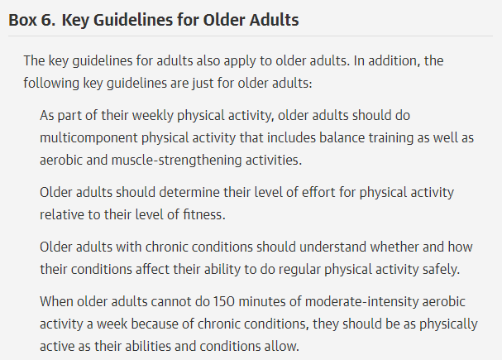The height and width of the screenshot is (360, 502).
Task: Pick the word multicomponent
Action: (x=88, y=137)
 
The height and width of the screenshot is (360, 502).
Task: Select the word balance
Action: (x=342, y=137)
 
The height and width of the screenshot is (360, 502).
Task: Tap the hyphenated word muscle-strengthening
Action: (x=176, y=160)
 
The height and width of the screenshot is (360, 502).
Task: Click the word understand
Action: (x=333, y=247)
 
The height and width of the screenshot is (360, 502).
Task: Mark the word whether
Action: (x=394, y=247)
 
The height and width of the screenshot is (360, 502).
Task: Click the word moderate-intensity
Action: (x=361, y=302)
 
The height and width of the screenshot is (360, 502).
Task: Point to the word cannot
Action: (x=170, y=302)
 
